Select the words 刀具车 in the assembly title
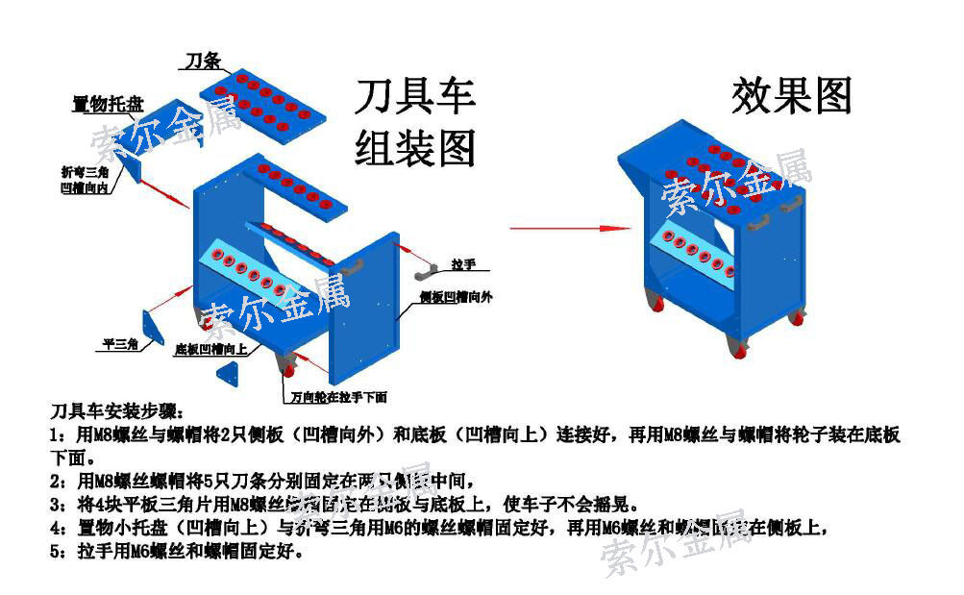(x=415, y=98)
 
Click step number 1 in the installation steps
(x=56, y=436)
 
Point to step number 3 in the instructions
(x=56, y=506)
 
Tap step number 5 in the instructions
(x=56, y=552)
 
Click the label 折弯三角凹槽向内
(x=84, y=181)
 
